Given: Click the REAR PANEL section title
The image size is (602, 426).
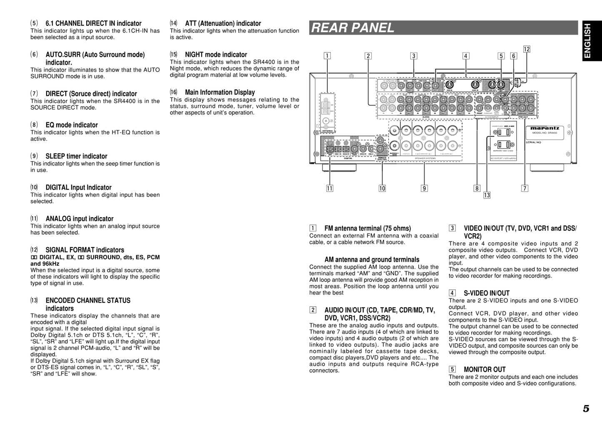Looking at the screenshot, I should (x=352, y=28).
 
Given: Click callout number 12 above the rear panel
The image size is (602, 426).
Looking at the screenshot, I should (x=527, y=49).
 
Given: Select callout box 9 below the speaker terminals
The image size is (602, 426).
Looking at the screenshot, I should (x=424, y=188).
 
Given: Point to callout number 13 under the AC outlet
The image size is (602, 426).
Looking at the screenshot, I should (x=487, y=195).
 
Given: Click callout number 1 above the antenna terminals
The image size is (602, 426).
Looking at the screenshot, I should (x=328, y=56).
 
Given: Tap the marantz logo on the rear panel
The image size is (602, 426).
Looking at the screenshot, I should (x=545, y=128).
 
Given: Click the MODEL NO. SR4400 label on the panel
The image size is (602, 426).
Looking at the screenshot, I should (x=545, y=133).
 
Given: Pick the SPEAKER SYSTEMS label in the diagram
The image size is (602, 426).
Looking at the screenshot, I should (x=425, y=158).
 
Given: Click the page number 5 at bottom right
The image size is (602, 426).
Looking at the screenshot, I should (x=586, y=409).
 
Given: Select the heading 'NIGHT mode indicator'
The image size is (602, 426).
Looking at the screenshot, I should (x=216, y=55).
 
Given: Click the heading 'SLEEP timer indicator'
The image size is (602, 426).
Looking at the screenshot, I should (x=76, y=156).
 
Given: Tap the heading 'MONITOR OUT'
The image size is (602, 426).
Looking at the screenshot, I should (x=485, y=369).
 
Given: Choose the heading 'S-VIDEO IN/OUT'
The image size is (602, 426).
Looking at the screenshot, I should (x=487, y=293).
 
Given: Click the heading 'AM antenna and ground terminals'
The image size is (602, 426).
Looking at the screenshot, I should (x=372, y=260).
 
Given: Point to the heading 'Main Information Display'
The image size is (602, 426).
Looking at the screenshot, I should (x=220, y=92).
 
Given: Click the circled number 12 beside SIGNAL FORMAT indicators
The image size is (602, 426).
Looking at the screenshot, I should (x=34, y=250).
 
